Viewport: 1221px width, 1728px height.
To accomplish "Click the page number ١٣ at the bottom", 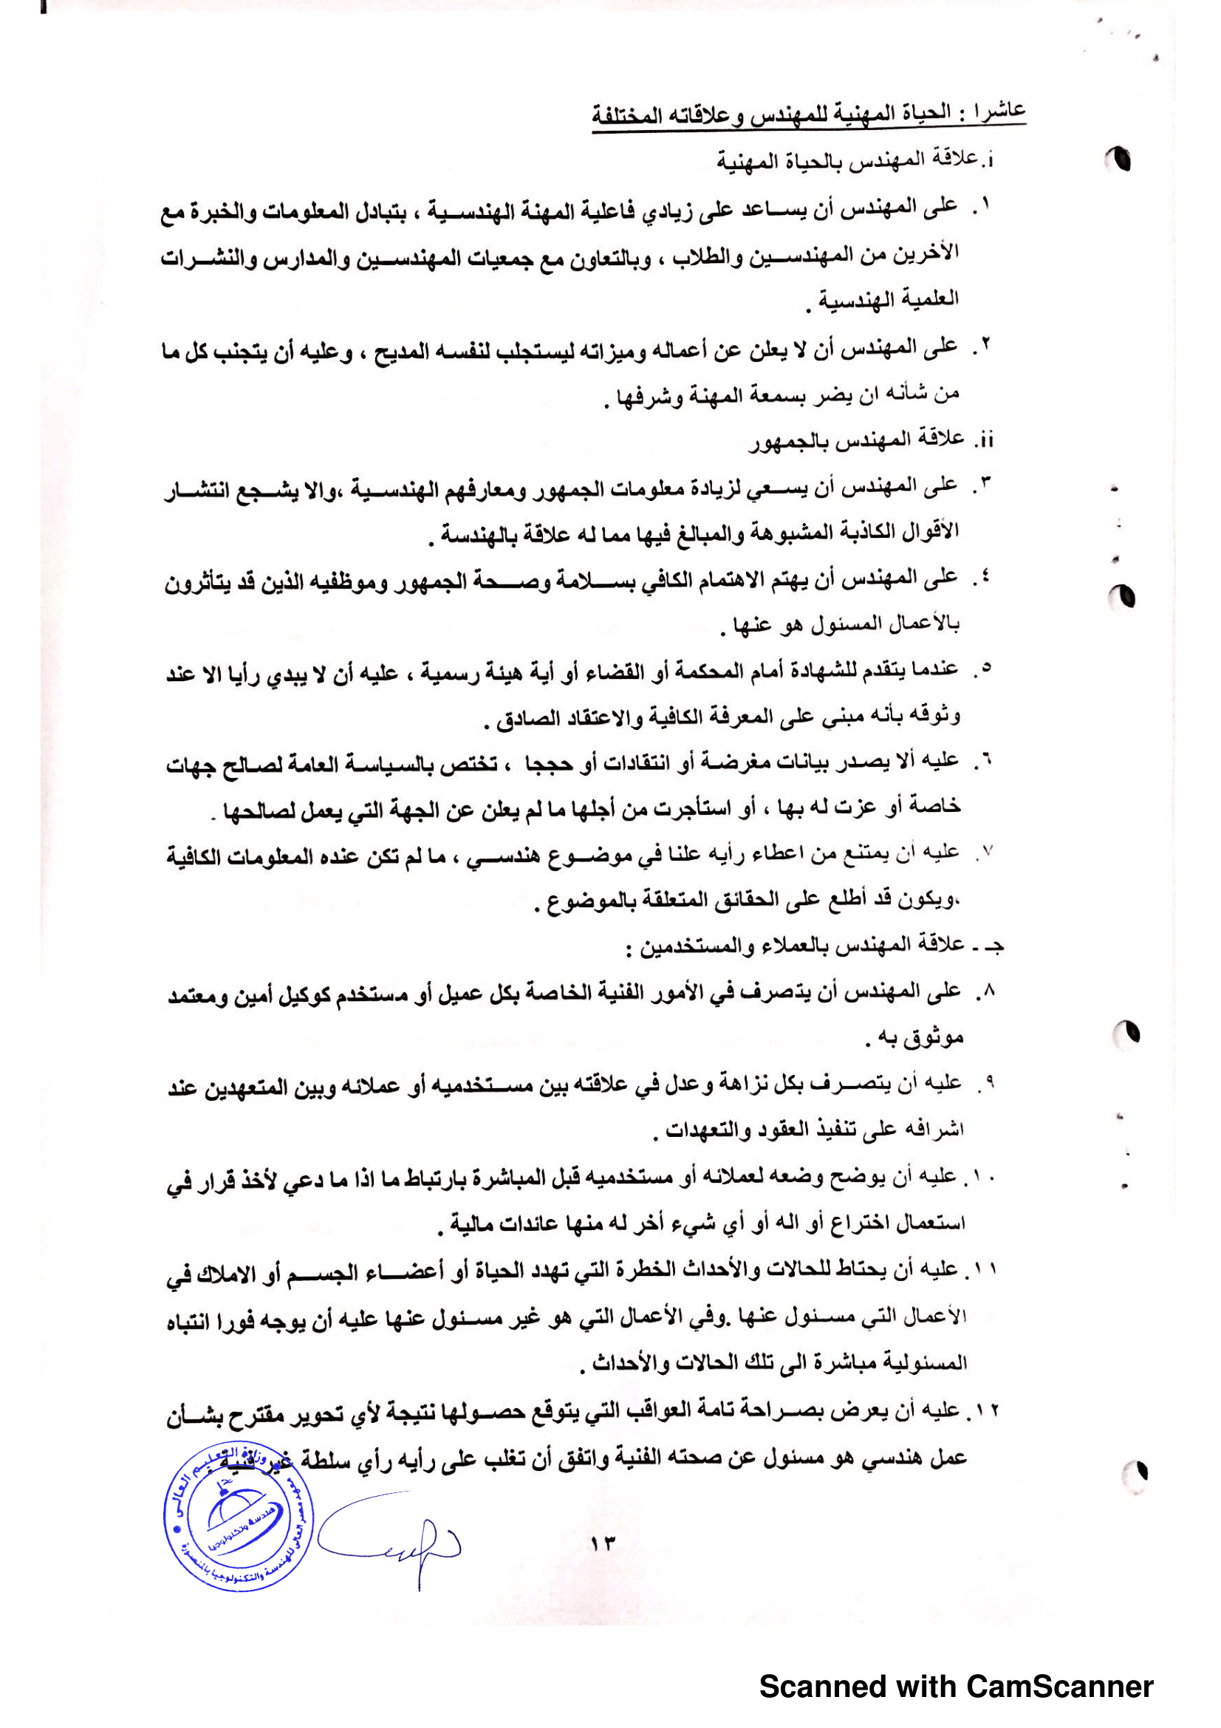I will (x=603, y=1543).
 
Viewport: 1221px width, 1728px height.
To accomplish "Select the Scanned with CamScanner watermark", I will (x=955, y=1687).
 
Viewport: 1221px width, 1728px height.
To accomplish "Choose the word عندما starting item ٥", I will (x=931, y=669).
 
